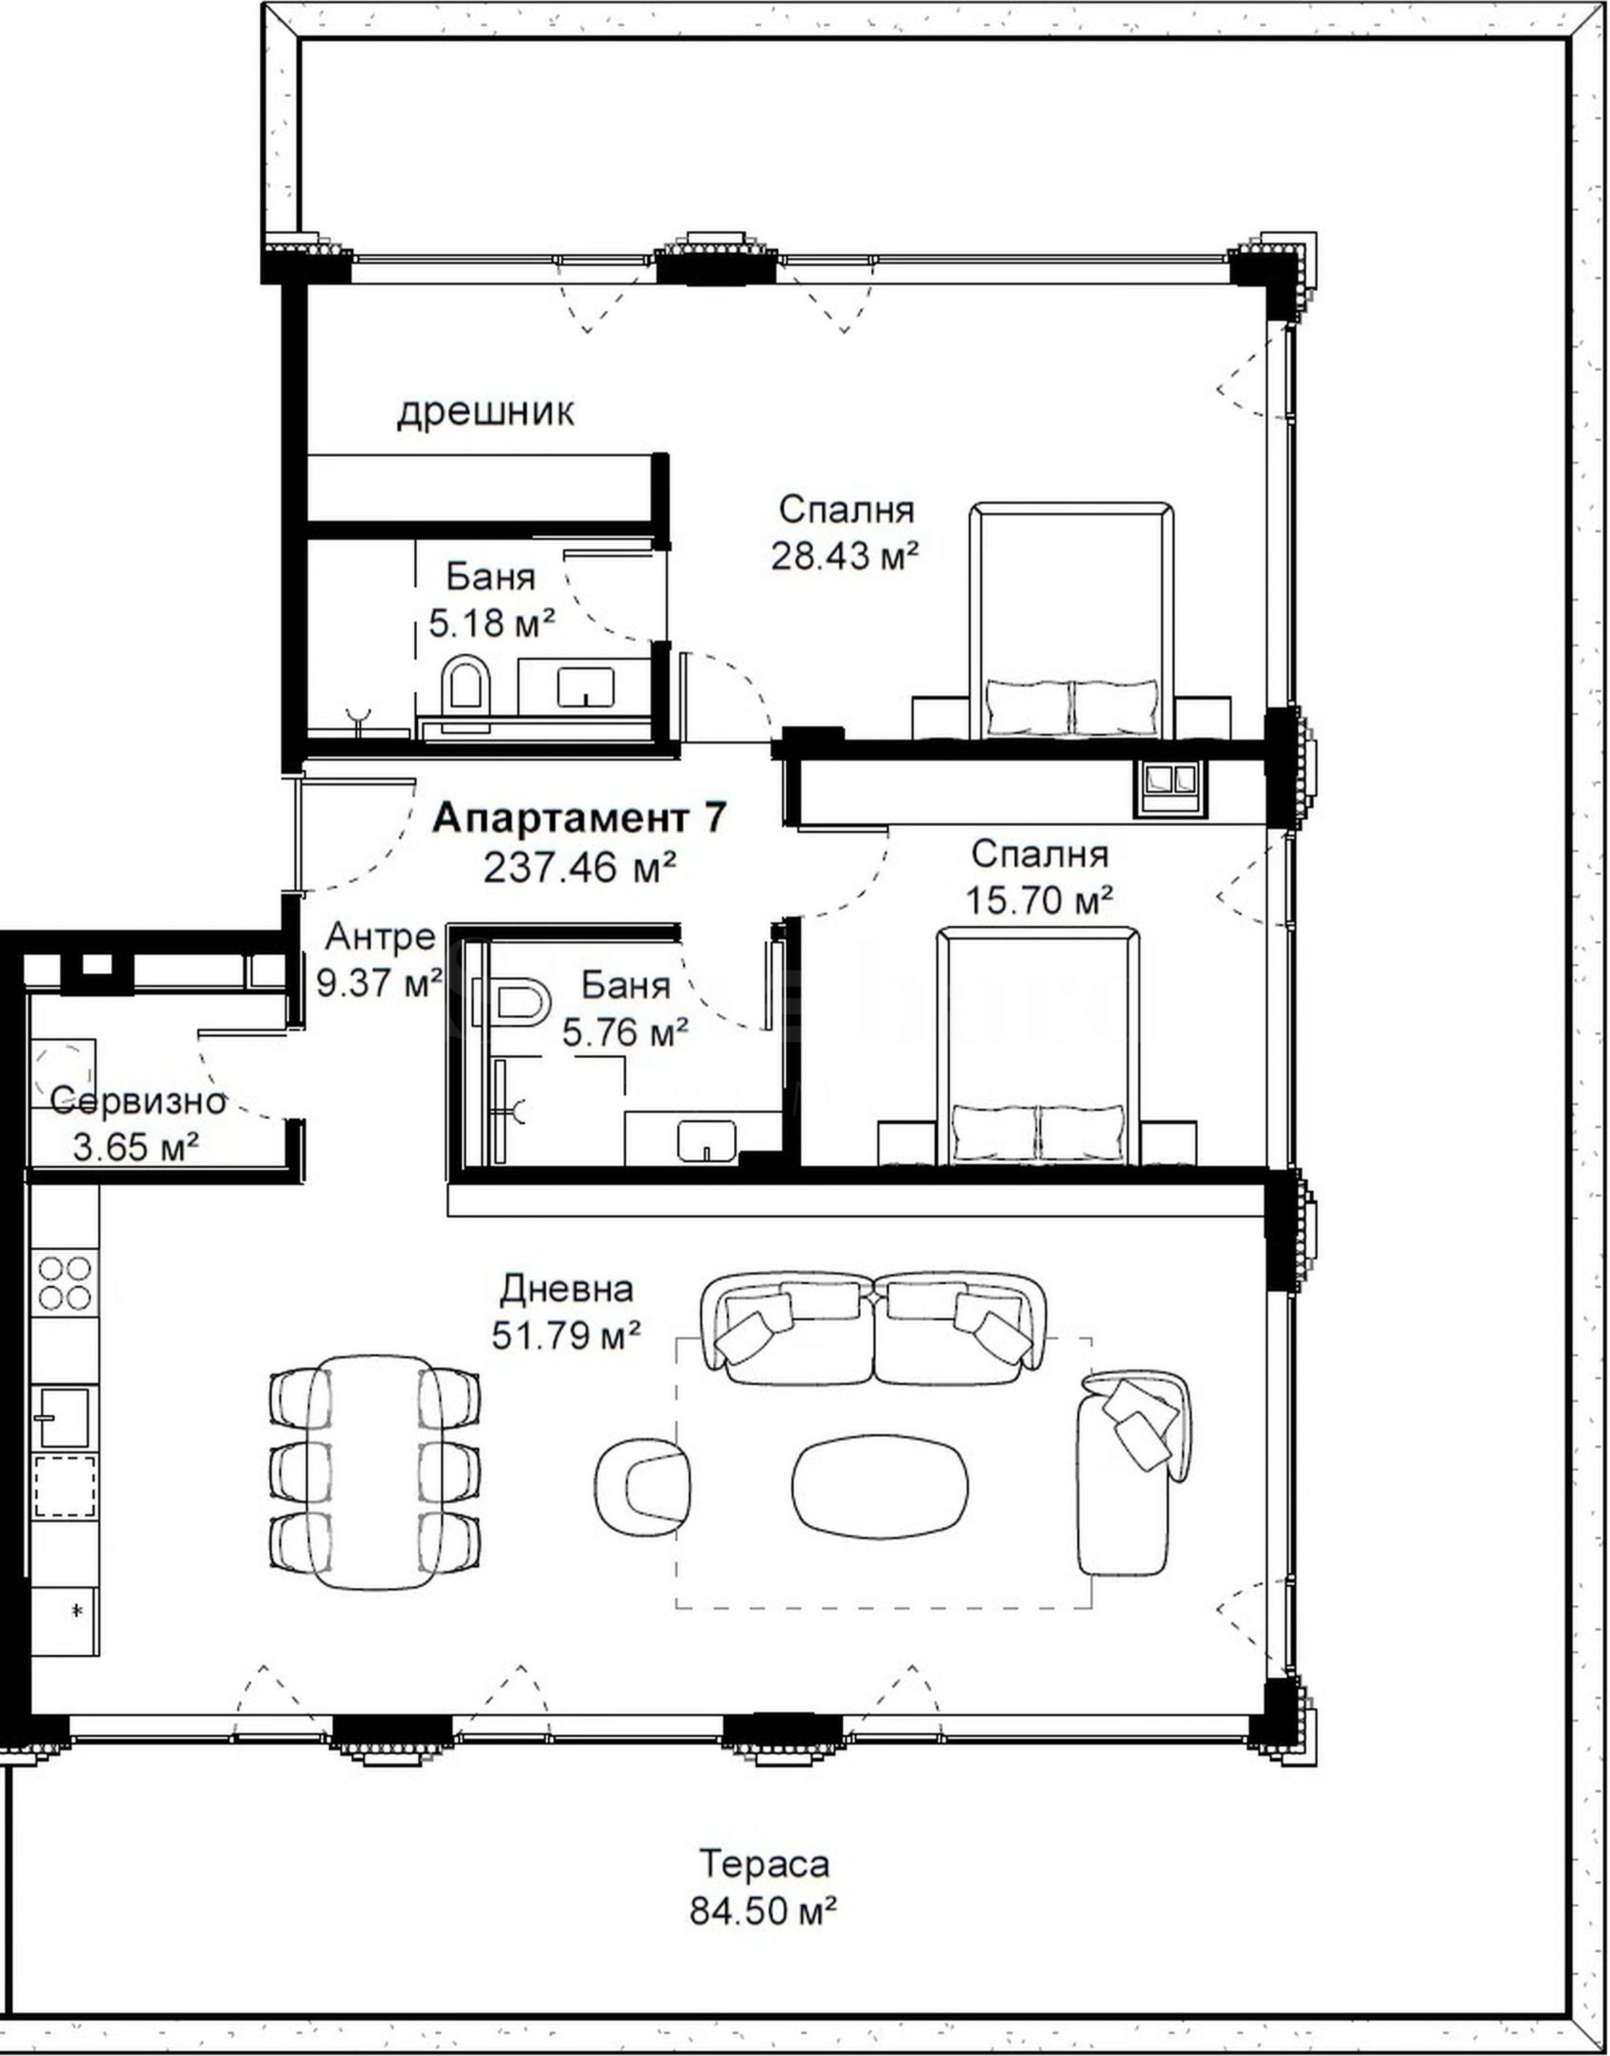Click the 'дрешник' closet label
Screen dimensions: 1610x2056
(485, 413)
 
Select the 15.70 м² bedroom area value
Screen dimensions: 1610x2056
(1039, 900)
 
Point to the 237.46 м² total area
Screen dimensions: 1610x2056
(581, 867)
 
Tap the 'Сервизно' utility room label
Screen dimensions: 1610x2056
(138, 1101)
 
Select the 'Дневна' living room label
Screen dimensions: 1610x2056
(567, 1289)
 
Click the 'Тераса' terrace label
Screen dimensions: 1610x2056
(765, 1864)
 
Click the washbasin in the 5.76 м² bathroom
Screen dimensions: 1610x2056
(706, 1141)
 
